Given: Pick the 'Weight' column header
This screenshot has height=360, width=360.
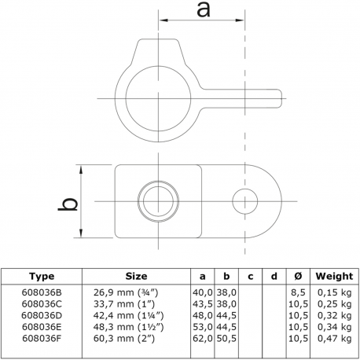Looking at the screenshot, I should tap(334, 276).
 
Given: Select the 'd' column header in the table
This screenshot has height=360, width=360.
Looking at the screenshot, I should tap(273, 276).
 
